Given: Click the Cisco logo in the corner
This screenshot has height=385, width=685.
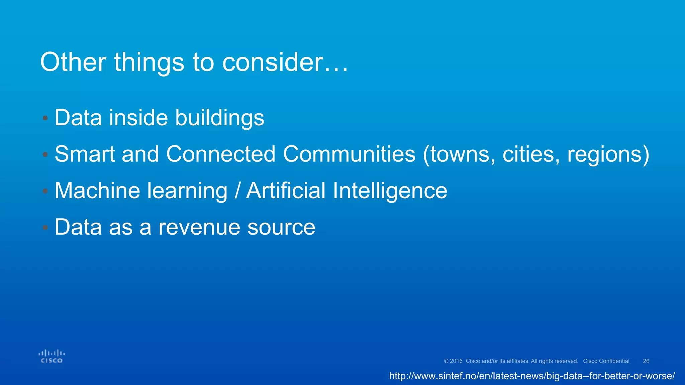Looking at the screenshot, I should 52,356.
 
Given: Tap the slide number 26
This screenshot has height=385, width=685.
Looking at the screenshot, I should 646,361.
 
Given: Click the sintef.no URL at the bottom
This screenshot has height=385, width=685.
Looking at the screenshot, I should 532,376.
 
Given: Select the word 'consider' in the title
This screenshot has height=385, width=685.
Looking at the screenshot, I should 273,62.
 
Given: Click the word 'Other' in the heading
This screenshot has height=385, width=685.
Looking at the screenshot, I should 73,62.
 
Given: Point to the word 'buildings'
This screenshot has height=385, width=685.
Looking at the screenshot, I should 220,118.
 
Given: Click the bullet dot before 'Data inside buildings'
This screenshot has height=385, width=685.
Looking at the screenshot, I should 45,118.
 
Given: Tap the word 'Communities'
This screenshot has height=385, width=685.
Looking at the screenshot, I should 349,154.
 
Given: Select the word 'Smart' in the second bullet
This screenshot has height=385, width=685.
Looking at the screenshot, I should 85,154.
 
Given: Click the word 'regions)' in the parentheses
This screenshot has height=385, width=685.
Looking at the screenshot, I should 608,155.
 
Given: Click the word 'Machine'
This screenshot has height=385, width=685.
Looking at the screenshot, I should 97,190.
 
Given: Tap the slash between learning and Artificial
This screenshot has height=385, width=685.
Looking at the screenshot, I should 237,190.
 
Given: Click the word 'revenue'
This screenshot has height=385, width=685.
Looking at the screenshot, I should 199,227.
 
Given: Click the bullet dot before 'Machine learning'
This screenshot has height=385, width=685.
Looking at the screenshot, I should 45,191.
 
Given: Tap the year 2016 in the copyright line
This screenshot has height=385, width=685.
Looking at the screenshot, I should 456,361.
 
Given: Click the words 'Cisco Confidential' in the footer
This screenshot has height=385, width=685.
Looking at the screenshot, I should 606,361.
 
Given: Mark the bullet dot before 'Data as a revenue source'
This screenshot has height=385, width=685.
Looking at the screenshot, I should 45,227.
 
